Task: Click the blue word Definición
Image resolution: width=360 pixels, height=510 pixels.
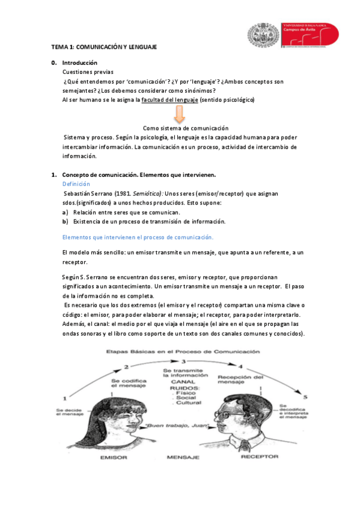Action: [76, 183]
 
